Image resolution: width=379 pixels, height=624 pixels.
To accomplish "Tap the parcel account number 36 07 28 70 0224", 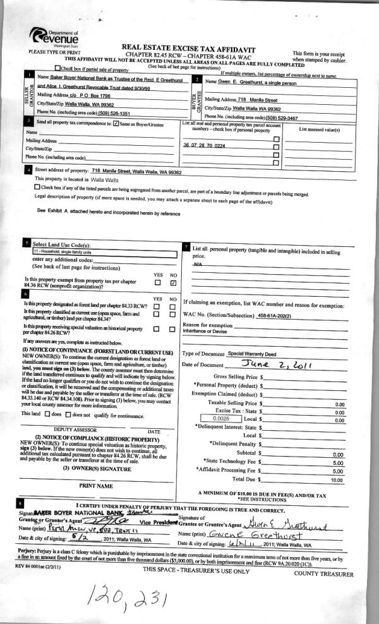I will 203,145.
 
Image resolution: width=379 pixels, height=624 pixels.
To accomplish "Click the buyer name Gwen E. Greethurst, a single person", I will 272,82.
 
